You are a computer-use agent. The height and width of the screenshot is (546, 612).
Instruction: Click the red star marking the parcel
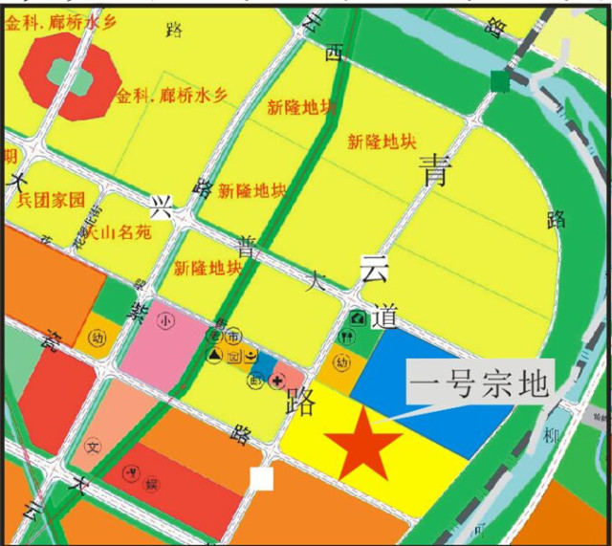(x=362, y=442)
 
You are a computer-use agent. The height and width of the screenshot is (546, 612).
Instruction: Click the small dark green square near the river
(x=499, y=82)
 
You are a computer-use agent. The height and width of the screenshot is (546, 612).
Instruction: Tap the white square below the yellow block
(x=261, y=478)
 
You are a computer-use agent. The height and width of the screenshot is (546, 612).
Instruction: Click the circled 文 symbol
(x=93, y=447)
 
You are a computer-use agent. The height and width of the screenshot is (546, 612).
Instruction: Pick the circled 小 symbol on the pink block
(x=165, y=319)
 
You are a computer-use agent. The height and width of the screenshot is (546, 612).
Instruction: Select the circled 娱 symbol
(x=151, y=486)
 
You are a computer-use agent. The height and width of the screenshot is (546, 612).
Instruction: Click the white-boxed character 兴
(x=161, y=206)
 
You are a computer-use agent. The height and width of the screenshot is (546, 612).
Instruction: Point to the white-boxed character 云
(x=373, y=269)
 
